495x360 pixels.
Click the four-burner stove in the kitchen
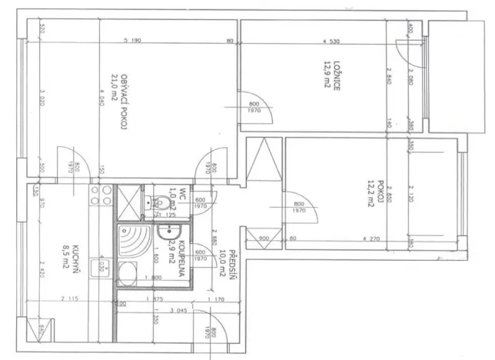[97, 195]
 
